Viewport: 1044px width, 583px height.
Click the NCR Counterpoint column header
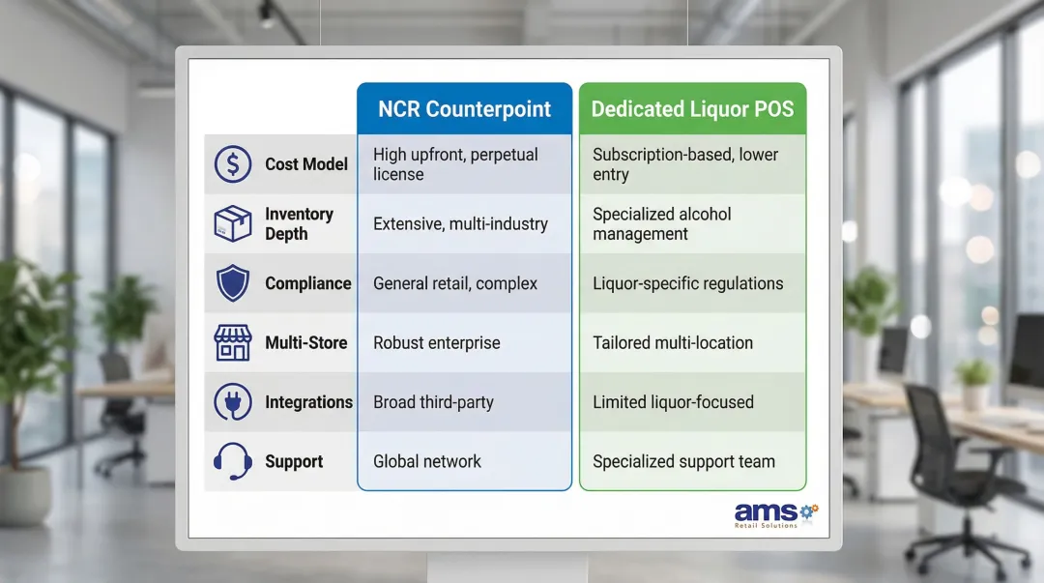464,108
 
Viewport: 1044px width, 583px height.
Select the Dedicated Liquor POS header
692,108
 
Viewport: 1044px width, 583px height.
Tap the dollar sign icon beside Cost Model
233,164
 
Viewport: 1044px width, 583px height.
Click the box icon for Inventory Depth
233,223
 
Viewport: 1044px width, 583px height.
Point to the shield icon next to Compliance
233,283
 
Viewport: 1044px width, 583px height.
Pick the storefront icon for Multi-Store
233,343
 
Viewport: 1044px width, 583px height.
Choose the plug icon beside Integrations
233,402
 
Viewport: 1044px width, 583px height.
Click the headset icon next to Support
233,462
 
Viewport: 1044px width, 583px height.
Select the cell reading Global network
427,462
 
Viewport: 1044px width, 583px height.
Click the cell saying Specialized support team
683,462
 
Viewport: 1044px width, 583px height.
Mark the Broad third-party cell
433,402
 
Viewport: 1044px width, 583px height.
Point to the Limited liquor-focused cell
673,402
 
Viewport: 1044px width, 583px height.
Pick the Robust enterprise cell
437,343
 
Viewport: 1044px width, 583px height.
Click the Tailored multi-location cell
673,343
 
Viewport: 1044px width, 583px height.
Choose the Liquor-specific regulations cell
687,283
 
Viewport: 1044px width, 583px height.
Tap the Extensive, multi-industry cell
460,224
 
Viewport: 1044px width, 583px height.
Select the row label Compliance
307,283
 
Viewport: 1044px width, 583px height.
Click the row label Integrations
308,402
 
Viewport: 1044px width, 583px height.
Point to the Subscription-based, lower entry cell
685,164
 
